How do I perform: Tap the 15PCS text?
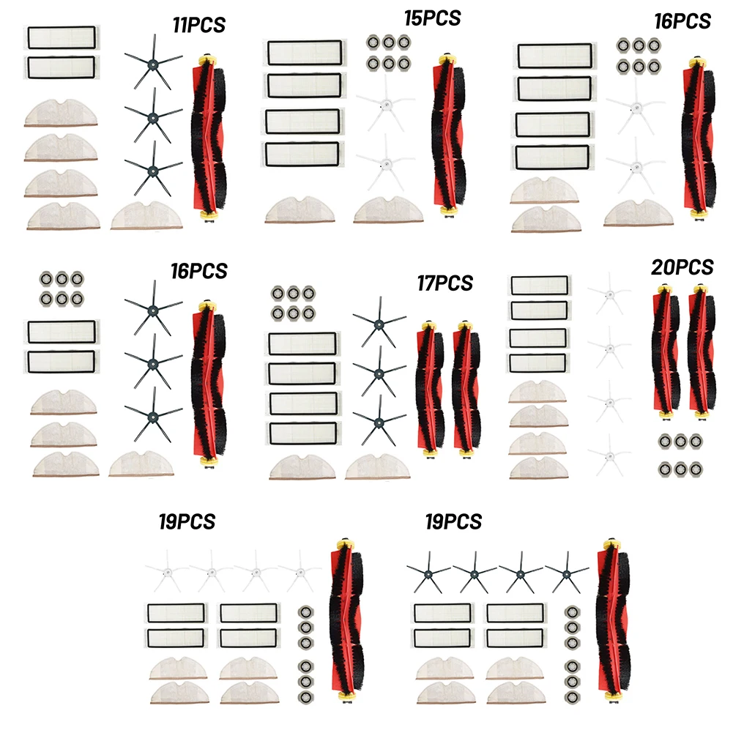(433, 17)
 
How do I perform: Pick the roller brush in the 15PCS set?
(446, 132)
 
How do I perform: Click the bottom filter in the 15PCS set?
(302, 153)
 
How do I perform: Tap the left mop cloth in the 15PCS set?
(301, 210)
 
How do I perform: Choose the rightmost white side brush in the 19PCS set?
(301, 570)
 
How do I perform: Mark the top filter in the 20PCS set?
(537, 285)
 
